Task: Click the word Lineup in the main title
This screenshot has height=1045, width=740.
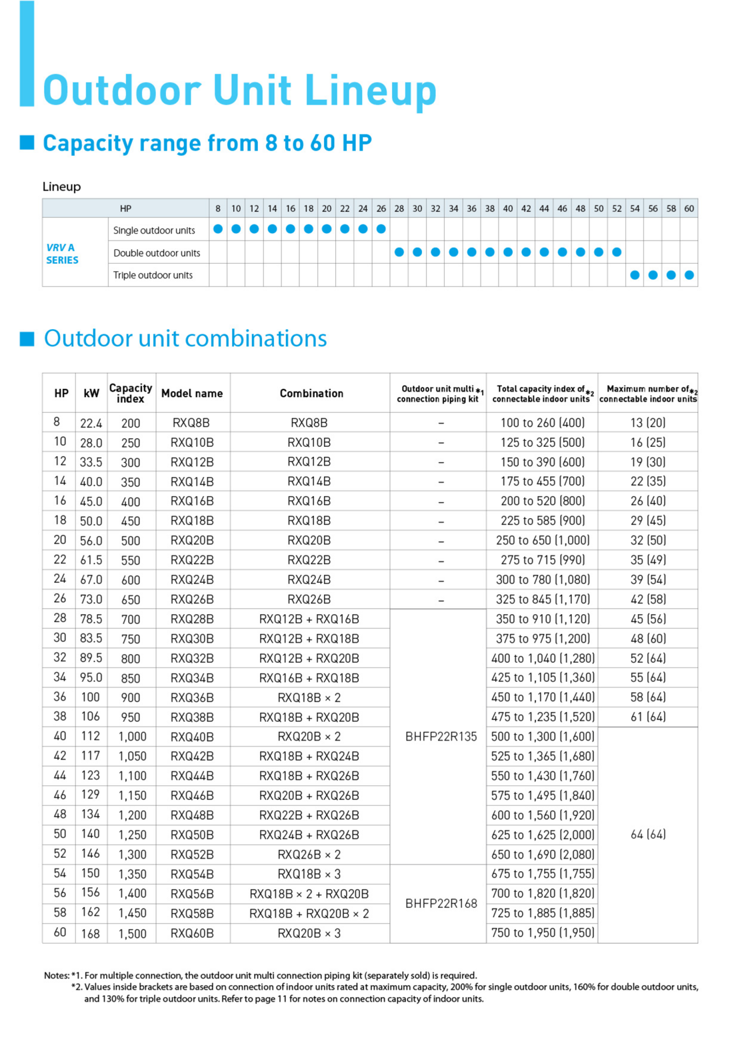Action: [371, 91]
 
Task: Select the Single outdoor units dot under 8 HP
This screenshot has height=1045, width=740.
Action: [218, 229]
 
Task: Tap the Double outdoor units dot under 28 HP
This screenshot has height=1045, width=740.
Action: [399, 252]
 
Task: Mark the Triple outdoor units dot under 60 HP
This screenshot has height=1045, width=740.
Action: [689, 274]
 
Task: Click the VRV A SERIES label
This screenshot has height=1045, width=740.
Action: [62, 254]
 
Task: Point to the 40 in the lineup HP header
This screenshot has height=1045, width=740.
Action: [508, 208]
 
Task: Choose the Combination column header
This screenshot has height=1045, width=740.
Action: [311, 394]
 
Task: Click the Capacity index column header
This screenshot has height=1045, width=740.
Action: [131, 393]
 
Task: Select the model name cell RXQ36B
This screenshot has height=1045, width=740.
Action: [192, 697]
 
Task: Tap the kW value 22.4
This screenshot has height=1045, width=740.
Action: [91, 423]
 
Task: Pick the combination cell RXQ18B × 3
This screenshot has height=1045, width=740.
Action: [309, 874]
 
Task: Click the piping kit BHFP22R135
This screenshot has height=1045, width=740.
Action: [441, 737]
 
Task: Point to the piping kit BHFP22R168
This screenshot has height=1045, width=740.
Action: [441, 904]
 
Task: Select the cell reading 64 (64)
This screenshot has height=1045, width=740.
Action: [648, 835]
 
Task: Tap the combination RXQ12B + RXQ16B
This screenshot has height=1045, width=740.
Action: [309, 619]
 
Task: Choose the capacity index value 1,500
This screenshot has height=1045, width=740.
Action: [132, 933]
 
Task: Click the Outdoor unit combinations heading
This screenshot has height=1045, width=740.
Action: [185, 338]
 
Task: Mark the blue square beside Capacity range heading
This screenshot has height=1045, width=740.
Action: [27, 142]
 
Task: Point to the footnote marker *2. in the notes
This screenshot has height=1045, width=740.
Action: [77, 987]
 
